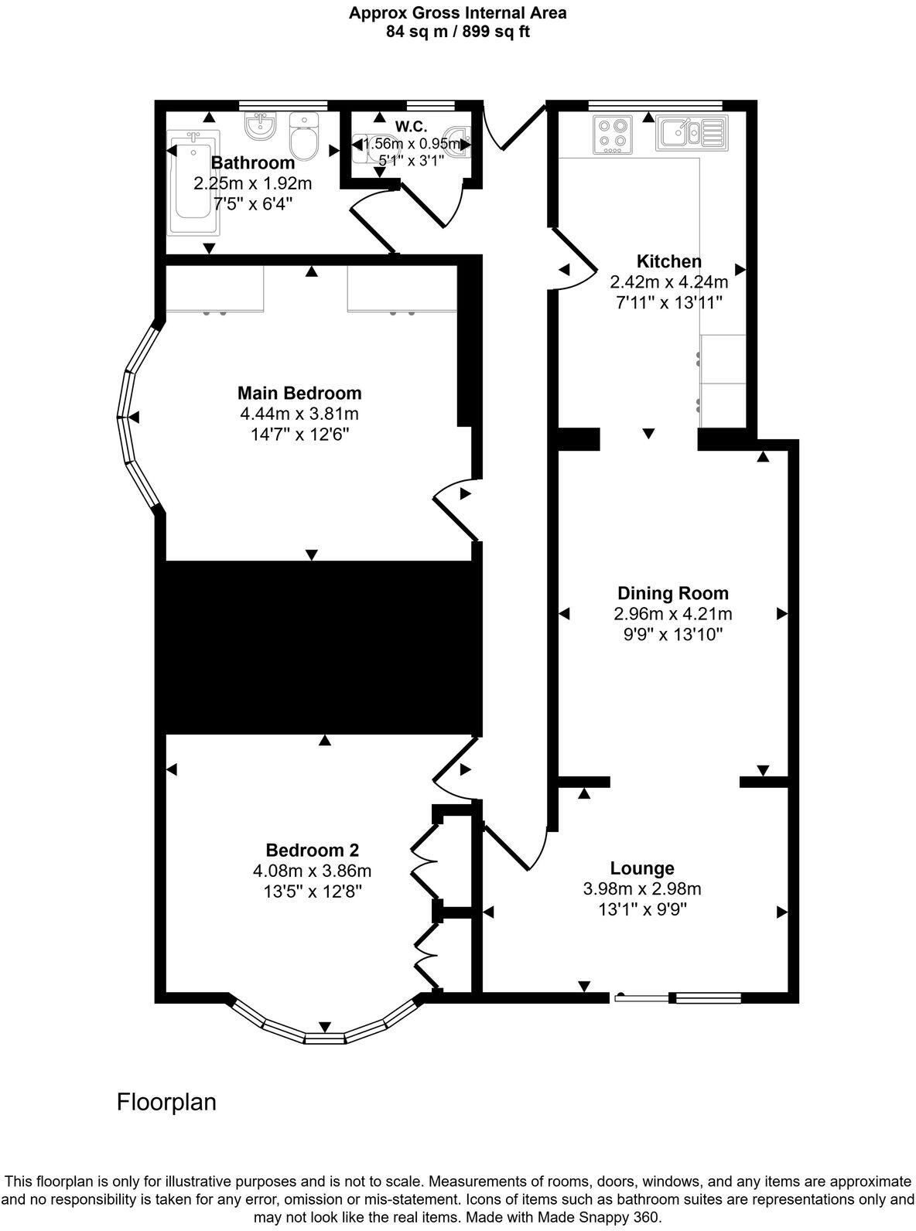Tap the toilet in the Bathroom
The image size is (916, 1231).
click(303, 137)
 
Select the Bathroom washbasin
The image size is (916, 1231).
click(261, 125)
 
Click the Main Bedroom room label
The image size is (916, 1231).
click(299, 393)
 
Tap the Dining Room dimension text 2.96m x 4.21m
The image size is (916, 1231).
click(672, 614)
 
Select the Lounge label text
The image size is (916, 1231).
click(642, 868)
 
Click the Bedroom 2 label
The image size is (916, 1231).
click(312, 850)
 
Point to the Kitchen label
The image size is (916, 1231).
click(668, 261)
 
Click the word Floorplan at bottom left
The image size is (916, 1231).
click(166, 1101)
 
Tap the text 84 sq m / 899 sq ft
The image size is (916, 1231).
click(457, 32)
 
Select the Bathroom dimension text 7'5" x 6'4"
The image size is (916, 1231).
click(253, 204)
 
